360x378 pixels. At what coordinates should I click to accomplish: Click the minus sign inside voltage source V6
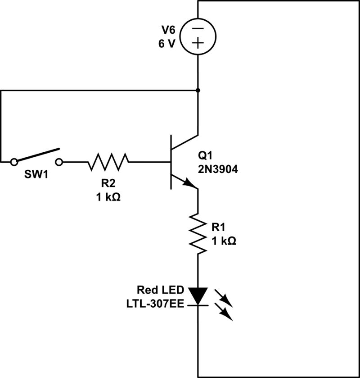point(198,28)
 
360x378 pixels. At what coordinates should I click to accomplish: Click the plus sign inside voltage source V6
point(198,43)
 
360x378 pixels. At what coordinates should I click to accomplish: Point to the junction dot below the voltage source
point(198,90)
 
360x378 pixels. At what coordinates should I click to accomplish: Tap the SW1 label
point(36,174)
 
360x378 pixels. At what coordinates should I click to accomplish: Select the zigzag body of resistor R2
point(108,161)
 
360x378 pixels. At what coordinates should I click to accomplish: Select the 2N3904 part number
point(218,170)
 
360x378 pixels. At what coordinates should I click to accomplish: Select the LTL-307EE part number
point(153,303)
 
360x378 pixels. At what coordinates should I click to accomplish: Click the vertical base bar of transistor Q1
point(171,161)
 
